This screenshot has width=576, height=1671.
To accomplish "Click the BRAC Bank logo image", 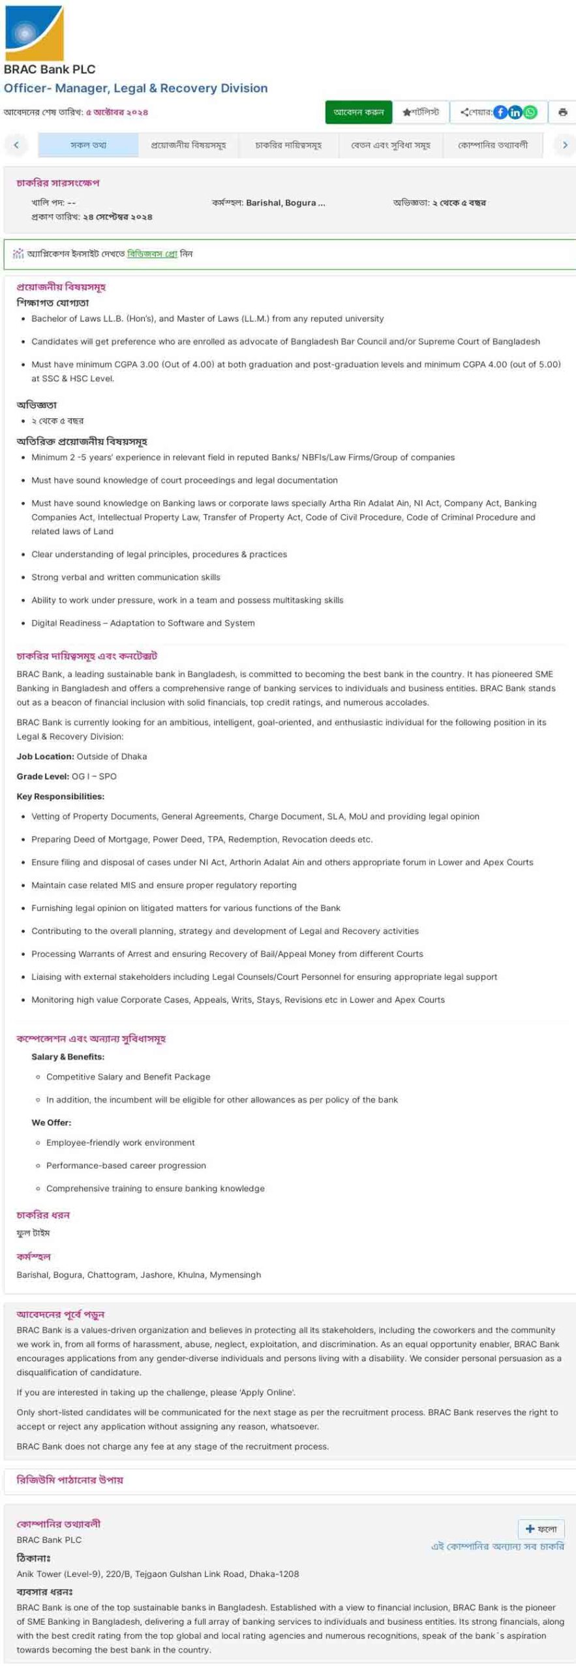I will [34, 33].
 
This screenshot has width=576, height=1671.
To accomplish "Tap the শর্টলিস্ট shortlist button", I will [421, 112].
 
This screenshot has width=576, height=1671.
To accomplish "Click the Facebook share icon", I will [500, 112].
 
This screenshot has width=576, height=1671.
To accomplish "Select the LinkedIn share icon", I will [515, 112].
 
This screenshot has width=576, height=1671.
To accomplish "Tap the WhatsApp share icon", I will [530, 112].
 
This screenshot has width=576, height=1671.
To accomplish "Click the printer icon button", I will [562, 112].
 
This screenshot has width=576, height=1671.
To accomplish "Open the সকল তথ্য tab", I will [88, 145].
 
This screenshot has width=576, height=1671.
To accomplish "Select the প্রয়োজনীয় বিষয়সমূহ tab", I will [189, 145].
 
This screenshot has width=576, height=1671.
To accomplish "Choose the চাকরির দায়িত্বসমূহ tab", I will [288, 145].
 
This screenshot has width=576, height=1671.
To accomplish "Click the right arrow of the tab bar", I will [565, 145].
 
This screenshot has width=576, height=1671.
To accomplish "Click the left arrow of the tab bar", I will [16, 145].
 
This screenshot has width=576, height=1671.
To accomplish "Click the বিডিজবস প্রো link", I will [152, 254].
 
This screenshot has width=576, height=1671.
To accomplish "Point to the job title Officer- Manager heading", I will [136, 88].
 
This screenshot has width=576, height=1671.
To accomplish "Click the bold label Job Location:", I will [45, 757].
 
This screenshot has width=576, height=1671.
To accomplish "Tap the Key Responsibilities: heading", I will [60, 796].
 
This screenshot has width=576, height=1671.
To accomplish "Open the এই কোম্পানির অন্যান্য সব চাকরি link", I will [498, 1546].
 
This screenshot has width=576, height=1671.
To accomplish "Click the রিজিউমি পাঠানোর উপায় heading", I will [70, 1480].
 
